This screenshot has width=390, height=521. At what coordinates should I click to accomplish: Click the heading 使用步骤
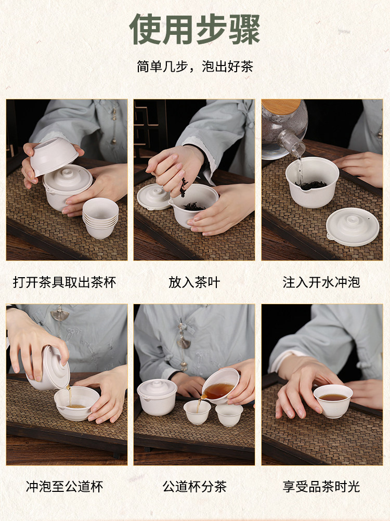pos(194,29)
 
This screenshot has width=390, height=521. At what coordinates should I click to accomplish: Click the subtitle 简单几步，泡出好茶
pos(195,67)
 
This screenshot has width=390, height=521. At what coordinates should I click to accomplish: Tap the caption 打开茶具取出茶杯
pos(64,282)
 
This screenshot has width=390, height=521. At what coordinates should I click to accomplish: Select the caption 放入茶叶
pos(194,282)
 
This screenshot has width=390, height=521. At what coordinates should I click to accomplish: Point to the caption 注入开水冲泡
pos(321,282)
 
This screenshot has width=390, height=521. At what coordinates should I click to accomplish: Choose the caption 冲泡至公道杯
pos(64,487)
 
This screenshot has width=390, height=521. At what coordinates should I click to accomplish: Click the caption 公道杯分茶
pos(194,487)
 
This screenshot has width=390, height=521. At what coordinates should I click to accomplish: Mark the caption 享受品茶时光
pos(321,487)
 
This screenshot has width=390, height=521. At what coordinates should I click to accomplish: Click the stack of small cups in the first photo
pos(100,218)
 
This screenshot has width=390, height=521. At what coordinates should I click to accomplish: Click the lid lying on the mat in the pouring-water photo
pos(353,227)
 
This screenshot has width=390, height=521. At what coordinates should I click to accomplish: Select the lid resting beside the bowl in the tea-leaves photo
pos(154,197)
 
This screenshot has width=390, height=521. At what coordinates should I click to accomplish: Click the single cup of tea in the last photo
pos(333,401)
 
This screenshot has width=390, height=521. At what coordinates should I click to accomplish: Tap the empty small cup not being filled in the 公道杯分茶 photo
pos(229,414)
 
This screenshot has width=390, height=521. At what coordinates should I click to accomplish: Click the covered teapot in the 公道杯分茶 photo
pos(157,397)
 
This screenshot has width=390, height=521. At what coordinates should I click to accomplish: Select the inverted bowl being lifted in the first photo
pos(54,155)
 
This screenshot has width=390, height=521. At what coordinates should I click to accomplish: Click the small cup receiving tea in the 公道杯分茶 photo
pos(197,412)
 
